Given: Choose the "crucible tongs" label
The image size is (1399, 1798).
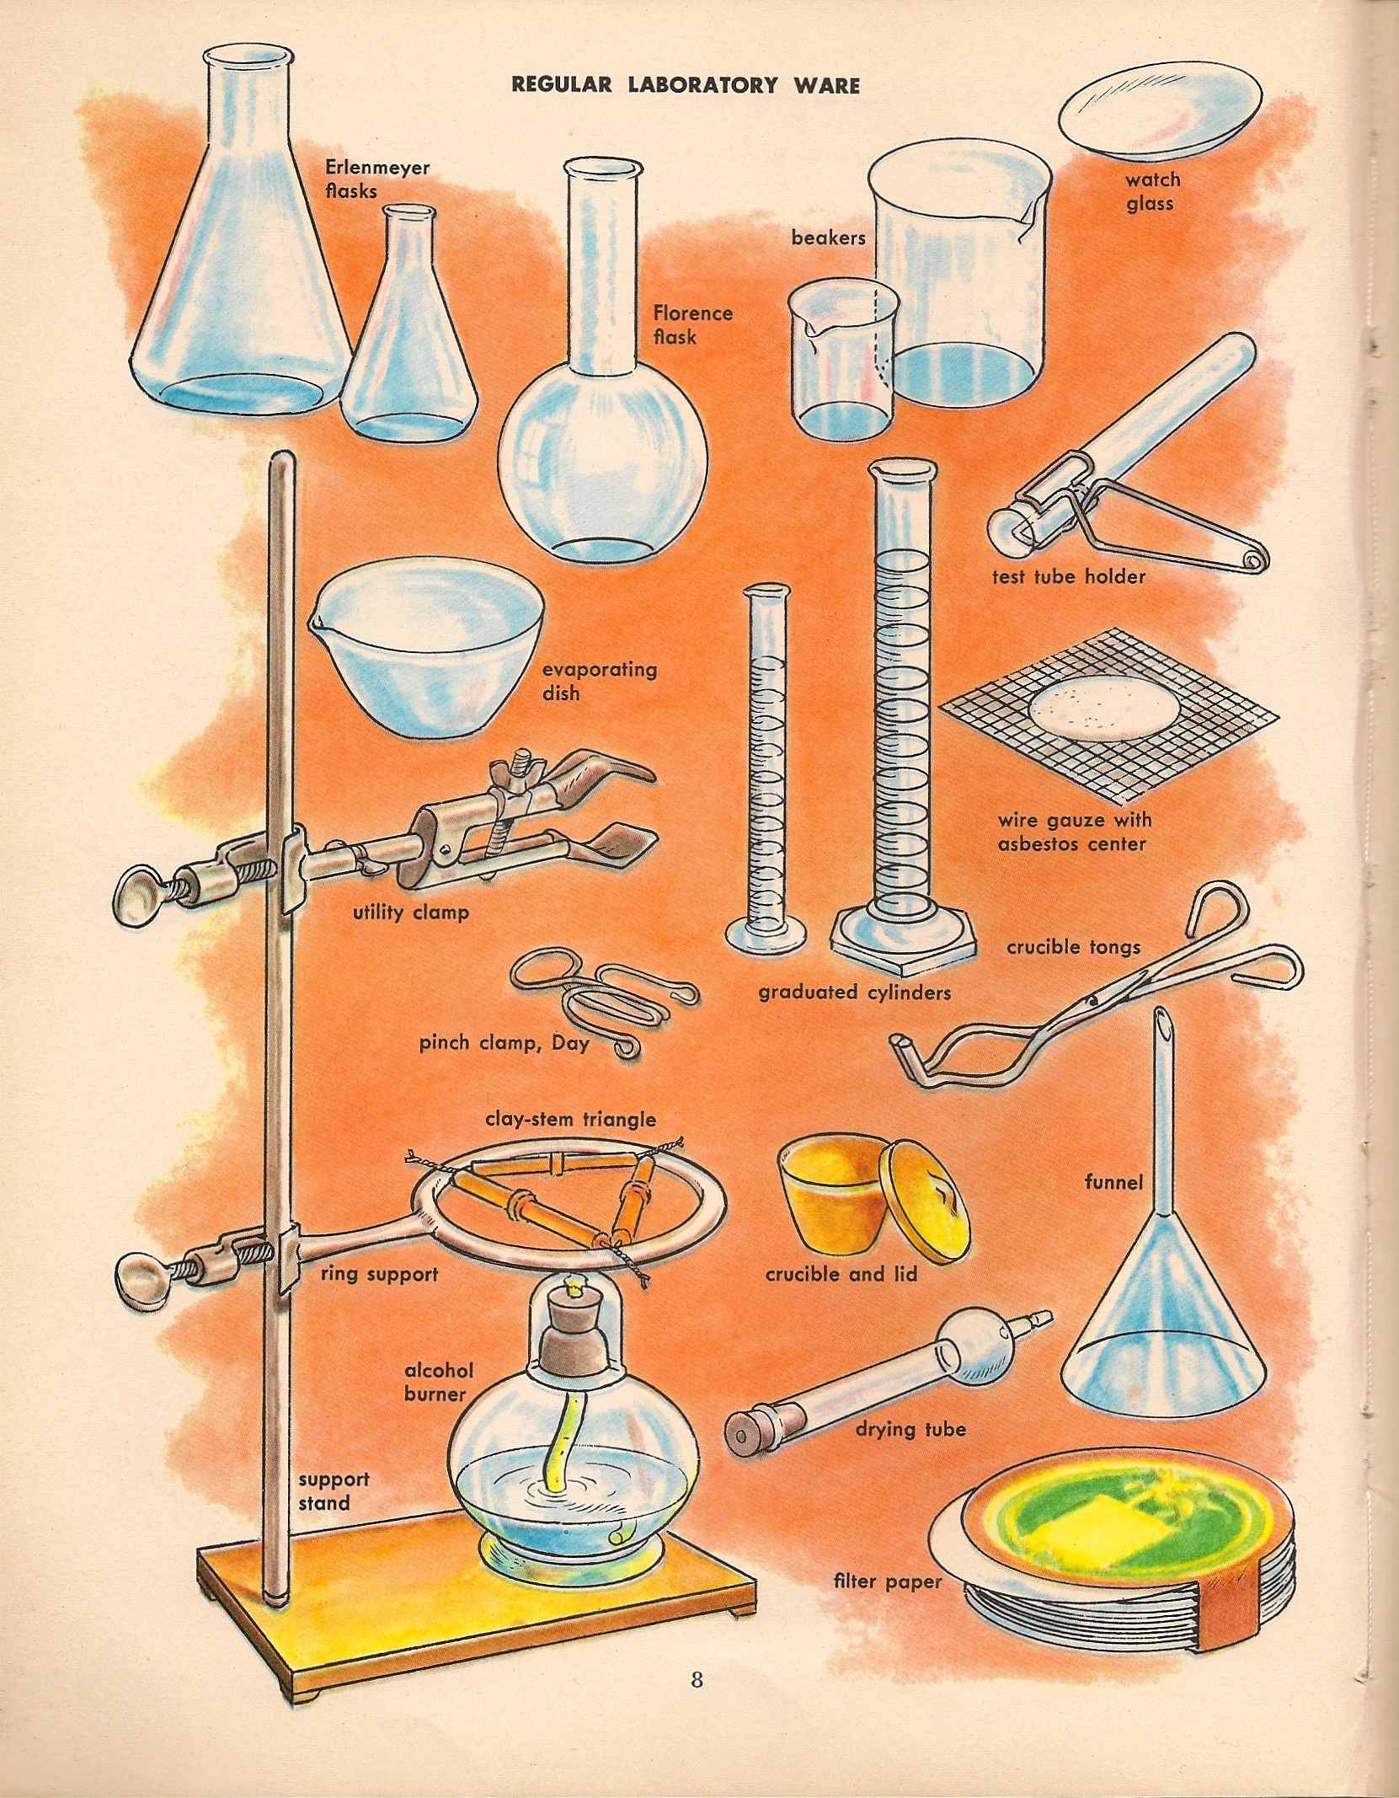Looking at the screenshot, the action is (1073, 947).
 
